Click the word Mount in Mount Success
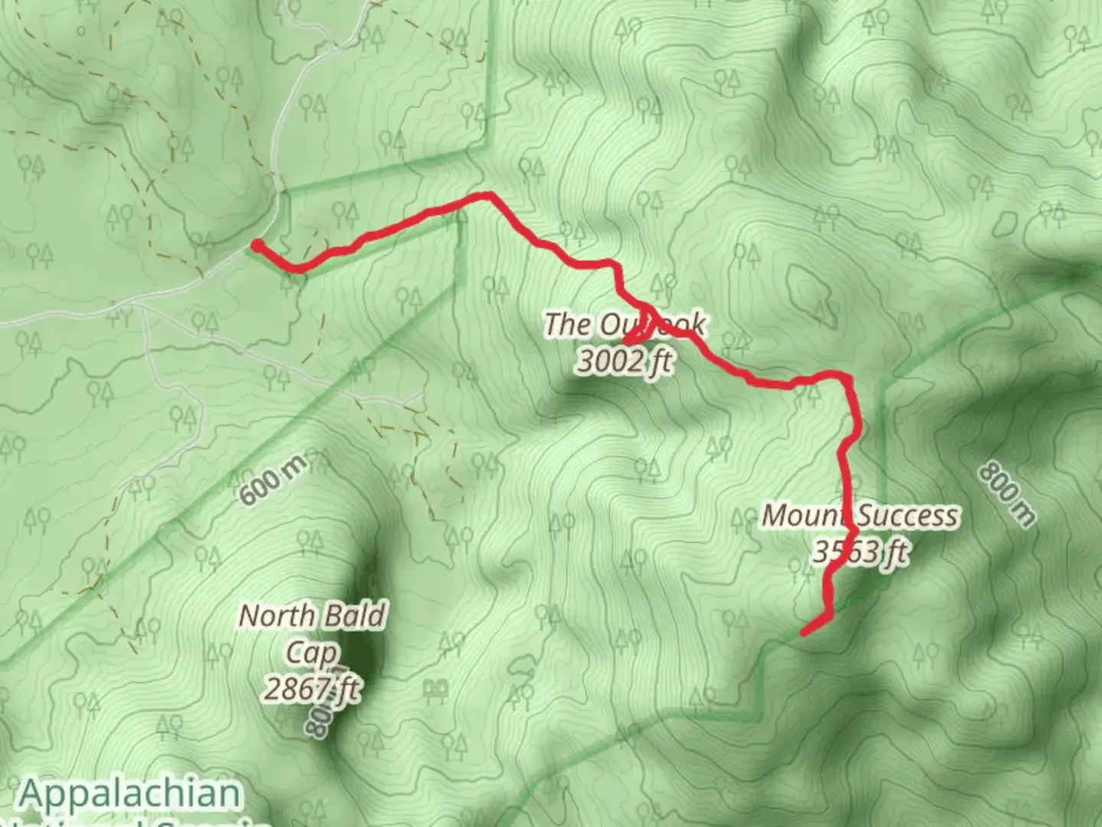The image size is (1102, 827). tap(806, 515)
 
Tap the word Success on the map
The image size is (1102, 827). tap(908, 516)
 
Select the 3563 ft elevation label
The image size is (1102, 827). tap(860, 551)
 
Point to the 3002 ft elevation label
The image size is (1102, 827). tap(624, 360)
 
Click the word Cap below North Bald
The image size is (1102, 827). tap(311, 653)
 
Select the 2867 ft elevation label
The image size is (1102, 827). tap(311, 689)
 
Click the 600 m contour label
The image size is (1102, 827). tap(272, 479)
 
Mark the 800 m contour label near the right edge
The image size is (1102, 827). tap(1007, 493)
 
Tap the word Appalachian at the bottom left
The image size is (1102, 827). tap(130, 793)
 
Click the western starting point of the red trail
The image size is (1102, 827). tap(258, 244)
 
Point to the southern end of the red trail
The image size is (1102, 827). tap(803, 633)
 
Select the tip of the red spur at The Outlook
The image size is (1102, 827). tap(625, 341)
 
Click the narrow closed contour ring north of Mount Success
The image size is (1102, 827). tap(810, 289)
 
